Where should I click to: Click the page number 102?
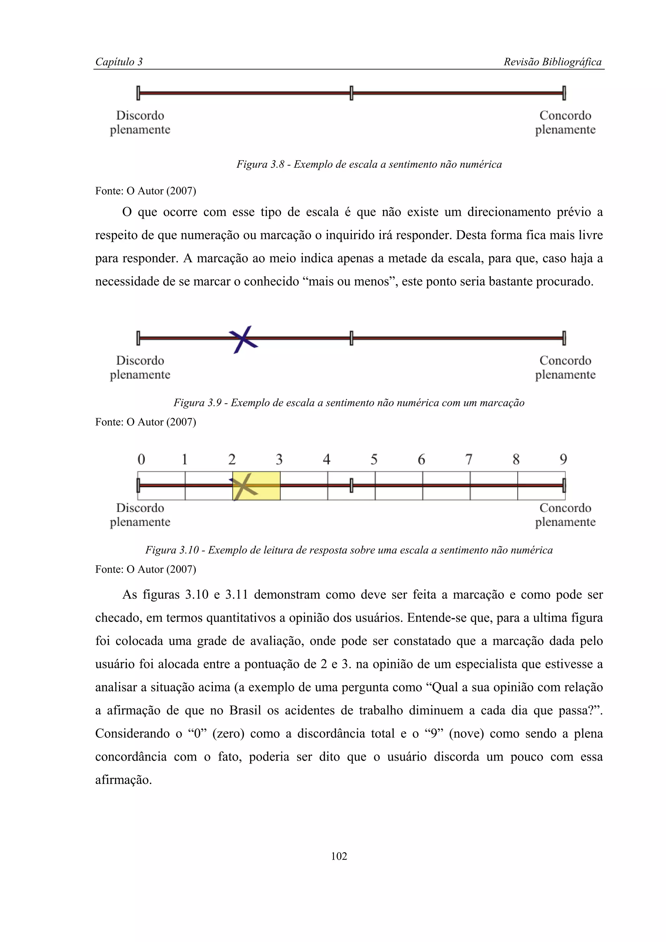(339, 856)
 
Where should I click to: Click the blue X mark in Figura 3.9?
(243, 339)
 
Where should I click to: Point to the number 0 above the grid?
(141, 459)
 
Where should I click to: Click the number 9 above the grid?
(564, 459)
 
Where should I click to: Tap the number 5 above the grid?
(374, 459)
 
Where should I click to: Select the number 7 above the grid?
(469, 459)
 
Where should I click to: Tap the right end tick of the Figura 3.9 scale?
(564, 338)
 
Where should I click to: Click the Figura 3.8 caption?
(369, 164)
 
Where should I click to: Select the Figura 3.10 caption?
(349, 550)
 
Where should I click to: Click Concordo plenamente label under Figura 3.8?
(565, 122)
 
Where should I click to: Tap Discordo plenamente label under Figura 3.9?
(140, 367)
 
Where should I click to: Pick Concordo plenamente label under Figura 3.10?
(565, 515)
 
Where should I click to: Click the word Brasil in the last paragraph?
(245, 710)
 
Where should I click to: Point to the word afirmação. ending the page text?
(124, 779)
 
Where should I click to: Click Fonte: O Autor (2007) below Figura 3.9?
(146, 422)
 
